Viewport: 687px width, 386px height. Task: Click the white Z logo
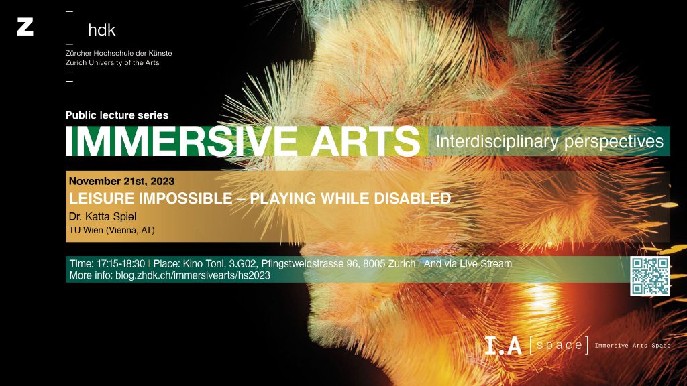[25, 27]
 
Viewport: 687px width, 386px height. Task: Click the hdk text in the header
[102, 29]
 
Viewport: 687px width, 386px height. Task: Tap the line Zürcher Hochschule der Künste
[119, 53]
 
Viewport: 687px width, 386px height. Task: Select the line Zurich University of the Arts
[112, 62]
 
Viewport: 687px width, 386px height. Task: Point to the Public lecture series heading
[117, 115]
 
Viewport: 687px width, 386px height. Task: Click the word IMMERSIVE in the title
[181, 141]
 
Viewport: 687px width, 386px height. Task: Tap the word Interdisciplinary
[497, 142]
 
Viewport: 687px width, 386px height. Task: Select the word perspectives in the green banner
[614, 142]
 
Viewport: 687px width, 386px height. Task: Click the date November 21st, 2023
[122, 181]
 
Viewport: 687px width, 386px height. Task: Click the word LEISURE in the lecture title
[102, 198]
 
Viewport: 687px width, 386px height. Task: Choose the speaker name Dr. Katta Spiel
[103, 216]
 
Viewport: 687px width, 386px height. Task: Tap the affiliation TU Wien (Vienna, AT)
[112, 231]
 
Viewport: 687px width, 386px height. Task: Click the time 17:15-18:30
[121, 264]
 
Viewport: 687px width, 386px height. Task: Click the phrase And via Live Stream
[468, 264]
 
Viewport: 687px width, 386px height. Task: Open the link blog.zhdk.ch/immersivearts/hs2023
[193, 275]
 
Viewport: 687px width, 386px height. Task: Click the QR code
[650, 276]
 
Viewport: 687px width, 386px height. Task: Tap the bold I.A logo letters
[503, 345]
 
